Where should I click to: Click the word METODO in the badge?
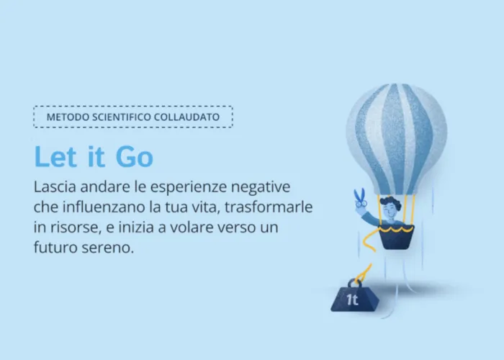point(68,117)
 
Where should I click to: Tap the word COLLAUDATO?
point(186,117)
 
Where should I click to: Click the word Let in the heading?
point(55,156)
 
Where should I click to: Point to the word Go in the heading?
point(135,157)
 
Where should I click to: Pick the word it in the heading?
point(96,156)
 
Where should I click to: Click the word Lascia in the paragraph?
point(55,186)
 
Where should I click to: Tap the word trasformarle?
point(269,207)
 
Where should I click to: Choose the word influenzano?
point(104,207)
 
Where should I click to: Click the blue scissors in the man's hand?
point(361,197)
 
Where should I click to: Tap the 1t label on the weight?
point(352,300)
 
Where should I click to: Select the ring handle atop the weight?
point(354,283)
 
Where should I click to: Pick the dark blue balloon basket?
point(396,238)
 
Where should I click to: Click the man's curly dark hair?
point(390,203)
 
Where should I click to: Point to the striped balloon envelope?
point(396,139)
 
